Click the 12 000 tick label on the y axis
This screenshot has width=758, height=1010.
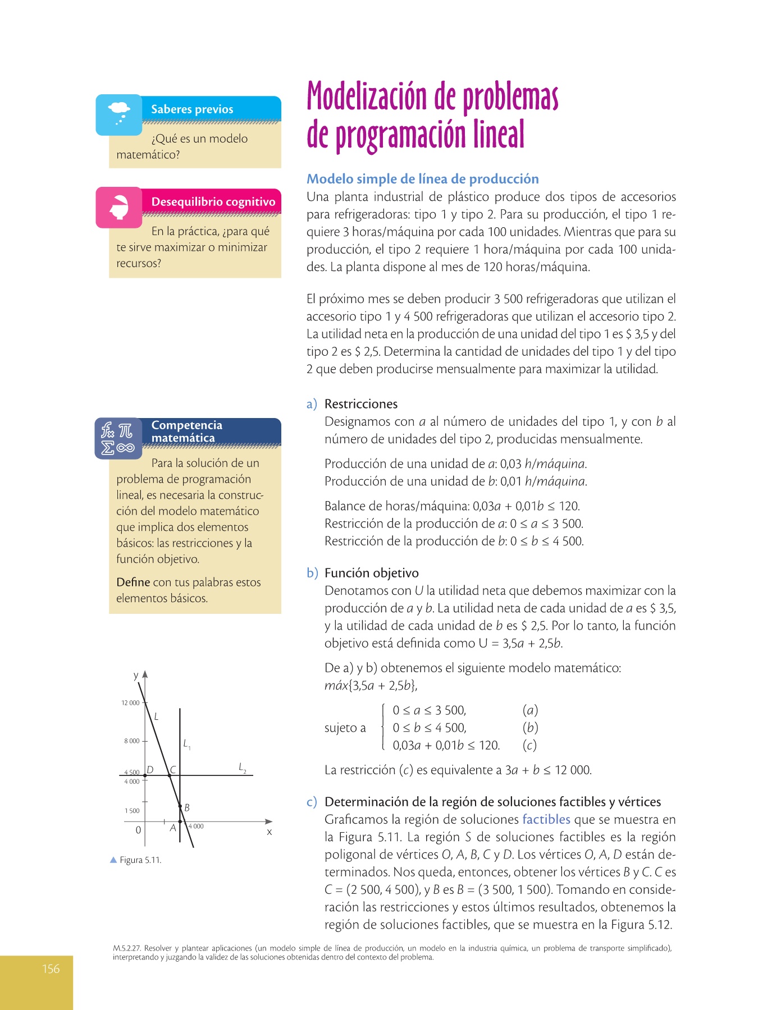coord(130,703)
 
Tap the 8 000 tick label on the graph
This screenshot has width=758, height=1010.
coord(131,741)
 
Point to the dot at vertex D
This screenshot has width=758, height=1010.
coord(145,775)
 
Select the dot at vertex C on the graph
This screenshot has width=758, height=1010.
coord(170,775)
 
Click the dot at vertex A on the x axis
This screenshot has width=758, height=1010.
coord(180,821)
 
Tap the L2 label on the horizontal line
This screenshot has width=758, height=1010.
coord(243,767)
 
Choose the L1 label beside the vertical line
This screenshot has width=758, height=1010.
coord(186,744)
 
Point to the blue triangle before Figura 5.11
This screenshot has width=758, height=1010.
coord(113,860)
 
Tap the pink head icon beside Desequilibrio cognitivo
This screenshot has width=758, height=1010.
coord(118,207)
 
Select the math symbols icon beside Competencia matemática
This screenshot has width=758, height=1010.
coord(118,438)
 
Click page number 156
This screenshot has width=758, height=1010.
coord(51,968)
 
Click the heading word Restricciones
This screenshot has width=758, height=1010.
coord(360,404)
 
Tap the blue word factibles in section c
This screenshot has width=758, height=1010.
coord(546,819)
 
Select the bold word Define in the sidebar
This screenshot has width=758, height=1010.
coord(133,582)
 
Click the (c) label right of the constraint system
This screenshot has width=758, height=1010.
coord(529,745)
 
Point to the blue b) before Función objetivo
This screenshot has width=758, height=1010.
coord(312,573)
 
